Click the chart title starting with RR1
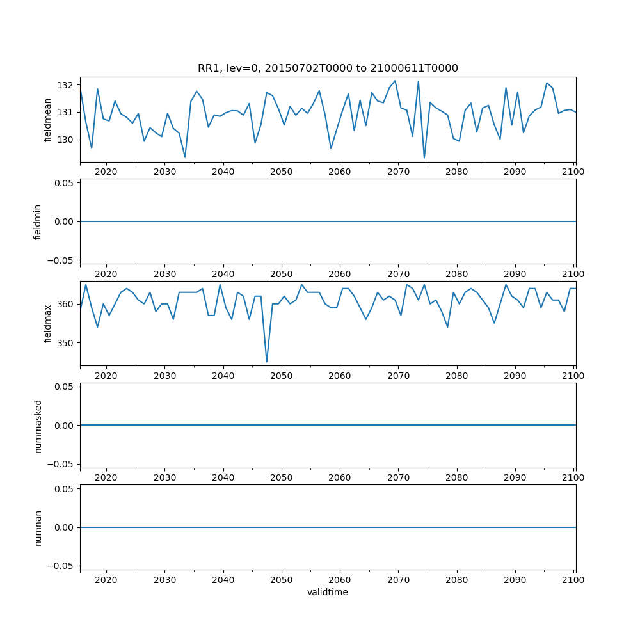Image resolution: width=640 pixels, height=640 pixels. [328, 68]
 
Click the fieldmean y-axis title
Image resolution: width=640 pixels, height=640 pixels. [47, 120]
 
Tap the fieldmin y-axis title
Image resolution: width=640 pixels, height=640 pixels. [38, 221]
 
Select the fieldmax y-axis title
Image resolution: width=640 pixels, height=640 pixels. [47, 323]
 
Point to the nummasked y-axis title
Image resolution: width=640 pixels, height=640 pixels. [38, 426]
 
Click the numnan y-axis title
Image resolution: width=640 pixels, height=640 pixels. [38, 527]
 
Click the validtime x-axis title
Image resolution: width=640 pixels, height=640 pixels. [328, 592]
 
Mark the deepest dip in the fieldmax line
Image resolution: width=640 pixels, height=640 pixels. [267, 362]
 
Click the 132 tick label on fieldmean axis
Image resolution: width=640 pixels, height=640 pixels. [66, 85]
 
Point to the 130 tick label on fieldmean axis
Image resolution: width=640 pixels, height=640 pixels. [66, 140]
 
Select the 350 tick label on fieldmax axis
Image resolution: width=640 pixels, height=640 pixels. [66, 343]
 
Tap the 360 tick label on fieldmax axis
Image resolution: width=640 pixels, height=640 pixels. [66, 304]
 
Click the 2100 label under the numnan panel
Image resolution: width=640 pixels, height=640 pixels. [573, 580]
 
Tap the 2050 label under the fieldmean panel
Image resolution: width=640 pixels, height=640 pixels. [281, 172]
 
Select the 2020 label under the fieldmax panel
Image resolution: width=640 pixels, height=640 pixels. [106, 376]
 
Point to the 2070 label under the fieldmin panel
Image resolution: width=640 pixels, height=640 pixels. [398, 274]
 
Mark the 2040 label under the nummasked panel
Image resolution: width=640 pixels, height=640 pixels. [223, 478]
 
